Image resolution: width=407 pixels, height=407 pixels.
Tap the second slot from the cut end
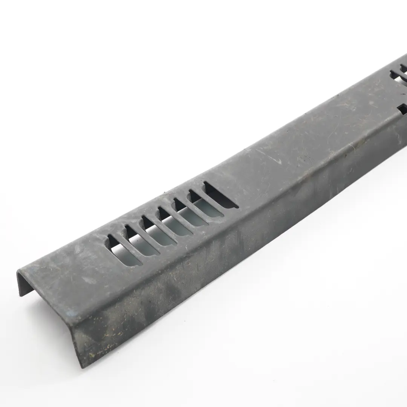click(x=139, y=242)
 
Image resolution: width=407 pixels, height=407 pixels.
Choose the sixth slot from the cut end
click(x=204, y=206)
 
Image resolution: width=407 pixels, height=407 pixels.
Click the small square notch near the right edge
click(x=402, y=109)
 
